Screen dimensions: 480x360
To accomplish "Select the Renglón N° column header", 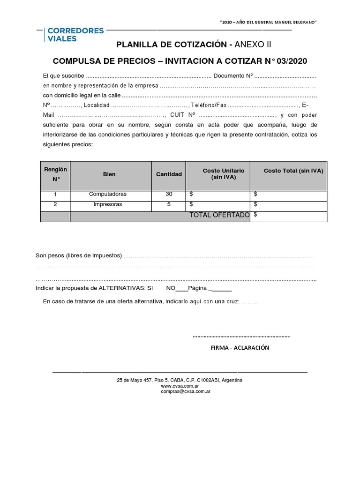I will click(55, 174).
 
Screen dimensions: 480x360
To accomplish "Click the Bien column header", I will click(109, 174).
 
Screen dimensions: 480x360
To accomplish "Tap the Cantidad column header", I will click(169, 174).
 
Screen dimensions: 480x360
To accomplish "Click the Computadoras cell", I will click(108, 194).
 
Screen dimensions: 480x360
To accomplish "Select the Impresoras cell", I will click(108, 204).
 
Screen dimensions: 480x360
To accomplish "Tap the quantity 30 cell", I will click(169, 194).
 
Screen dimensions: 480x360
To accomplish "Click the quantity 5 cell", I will click(169, 204).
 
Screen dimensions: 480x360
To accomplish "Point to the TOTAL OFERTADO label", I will click(219, 215).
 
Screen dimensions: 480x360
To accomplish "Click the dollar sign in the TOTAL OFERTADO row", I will click(255, 215).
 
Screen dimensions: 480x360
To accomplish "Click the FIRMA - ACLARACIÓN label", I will click(240, 348).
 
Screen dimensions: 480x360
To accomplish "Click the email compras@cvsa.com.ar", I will click(185, 391).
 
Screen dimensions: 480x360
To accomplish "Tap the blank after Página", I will click(221, 288).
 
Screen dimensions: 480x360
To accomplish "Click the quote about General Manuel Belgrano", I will click(269, 23).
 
